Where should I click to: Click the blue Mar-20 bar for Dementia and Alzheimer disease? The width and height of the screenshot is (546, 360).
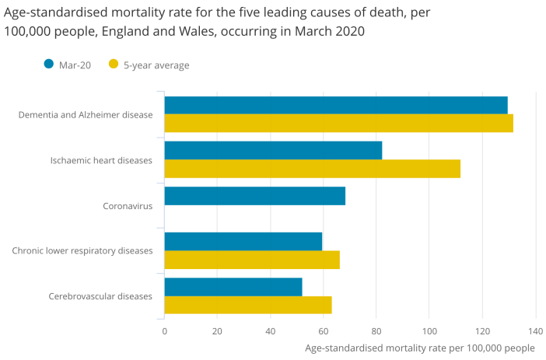[x=335, y=105]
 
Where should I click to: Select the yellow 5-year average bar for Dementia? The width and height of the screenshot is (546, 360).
[x=338, y=123]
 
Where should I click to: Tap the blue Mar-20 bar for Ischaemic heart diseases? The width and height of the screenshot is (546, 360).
[x=273, y=150]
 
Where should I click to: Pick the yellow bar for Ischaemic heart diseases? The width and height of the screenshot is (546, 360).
[x=312, y=168]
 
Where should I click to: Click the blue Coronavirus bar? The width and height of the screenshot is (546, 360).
[x=254, y=196]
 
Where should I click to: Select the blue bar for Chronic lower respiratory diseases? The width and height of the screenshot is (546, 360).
[x=243, y=241]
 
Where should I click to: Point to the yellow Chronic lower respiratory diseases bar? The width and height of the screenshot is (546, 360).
[x=252, y=259]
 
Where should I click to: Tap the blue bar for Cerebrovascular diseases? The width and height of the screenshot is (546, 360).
[x=233, y=286]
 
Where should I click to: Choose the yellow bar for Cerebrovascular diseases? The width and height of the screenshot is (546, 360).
[x=248, y=304]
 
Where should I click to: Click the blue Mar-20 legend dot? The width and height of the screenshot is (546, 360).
[x=48, y=65]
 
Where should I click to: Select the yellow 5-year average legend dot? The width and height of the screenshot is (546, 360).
[x=114, y=65]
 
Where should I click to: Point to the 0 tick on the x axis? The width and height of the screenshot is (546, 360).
[x=164, y=330]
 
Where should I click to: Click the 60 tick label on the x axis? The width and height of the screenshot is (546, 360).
[x=324, y=330]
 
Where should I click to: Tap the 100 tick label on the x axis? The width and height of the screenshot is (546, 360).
[x=429, y=330]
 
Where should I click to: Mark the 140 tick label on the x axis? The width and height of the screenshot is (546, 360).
[x=535, y=330]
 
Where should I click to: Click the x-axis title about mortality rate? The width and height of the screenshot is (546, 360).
[x=420, y=348]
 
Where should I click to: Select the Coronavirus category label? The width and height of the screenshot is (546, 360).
[x=128, y=206]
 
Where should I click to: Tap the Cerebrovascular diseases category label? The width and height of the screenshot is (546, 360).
[x=100, y=296]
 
